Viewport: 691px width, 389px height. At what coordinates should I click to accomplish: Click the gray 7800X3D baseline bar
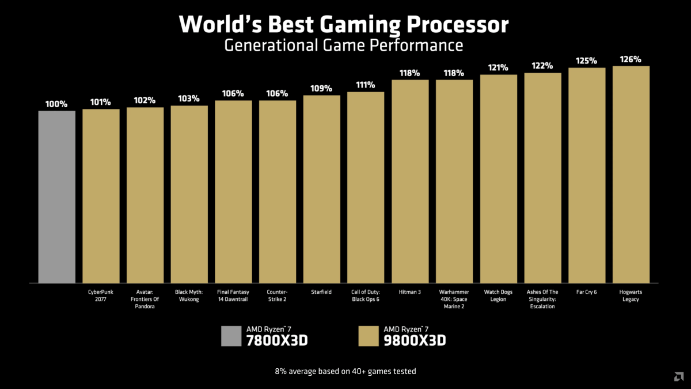coord(57,197)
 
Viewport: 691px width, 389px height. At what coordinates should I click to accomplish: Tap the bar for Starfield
coord(322,189)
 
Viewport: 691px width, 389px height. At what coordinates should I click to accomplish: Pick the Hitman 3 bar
coord(410,181)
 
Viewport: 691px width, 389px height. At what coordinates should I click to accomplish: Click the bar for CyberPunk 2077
coord(101,196)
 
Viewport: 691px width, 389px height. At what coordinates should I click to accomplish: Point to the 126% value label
coord(631,59)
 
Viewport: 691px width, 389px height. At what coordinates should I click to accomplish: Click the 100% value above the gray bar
coord(57,104)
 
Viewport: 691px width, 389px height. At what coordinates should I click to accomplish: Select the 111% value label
coord(366,85)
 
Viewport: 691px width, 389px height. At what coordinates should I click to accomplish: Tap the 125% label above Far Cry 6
coord(587,61)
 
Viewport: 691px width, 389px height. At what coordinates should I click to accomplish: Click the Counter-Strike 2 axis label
coord(278,296)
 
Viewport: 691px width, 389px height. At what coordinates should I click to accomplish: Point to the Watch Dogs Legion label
coord(498,296)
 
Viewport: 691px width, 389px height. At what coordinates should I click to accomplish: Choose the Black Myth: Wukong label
coord(189,296)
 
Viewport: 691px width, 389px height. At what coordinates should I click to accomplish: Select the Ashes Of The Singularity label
coord(542,299)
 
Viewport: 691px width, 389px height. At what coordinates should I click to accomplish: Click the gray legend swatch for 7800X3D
coord(231,336)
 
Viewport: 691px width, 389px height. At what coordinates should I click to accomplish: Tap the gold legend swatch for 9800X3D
coord(369,336)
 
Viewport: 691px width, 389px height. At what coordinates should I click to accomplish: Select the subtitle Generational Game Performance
coord(344,45)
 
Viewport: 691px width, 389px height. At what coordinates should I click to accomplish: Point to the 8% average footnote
coord(345,371)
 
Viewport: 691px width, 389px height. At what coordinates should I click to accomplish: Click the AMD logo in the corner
coord(679,377)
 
